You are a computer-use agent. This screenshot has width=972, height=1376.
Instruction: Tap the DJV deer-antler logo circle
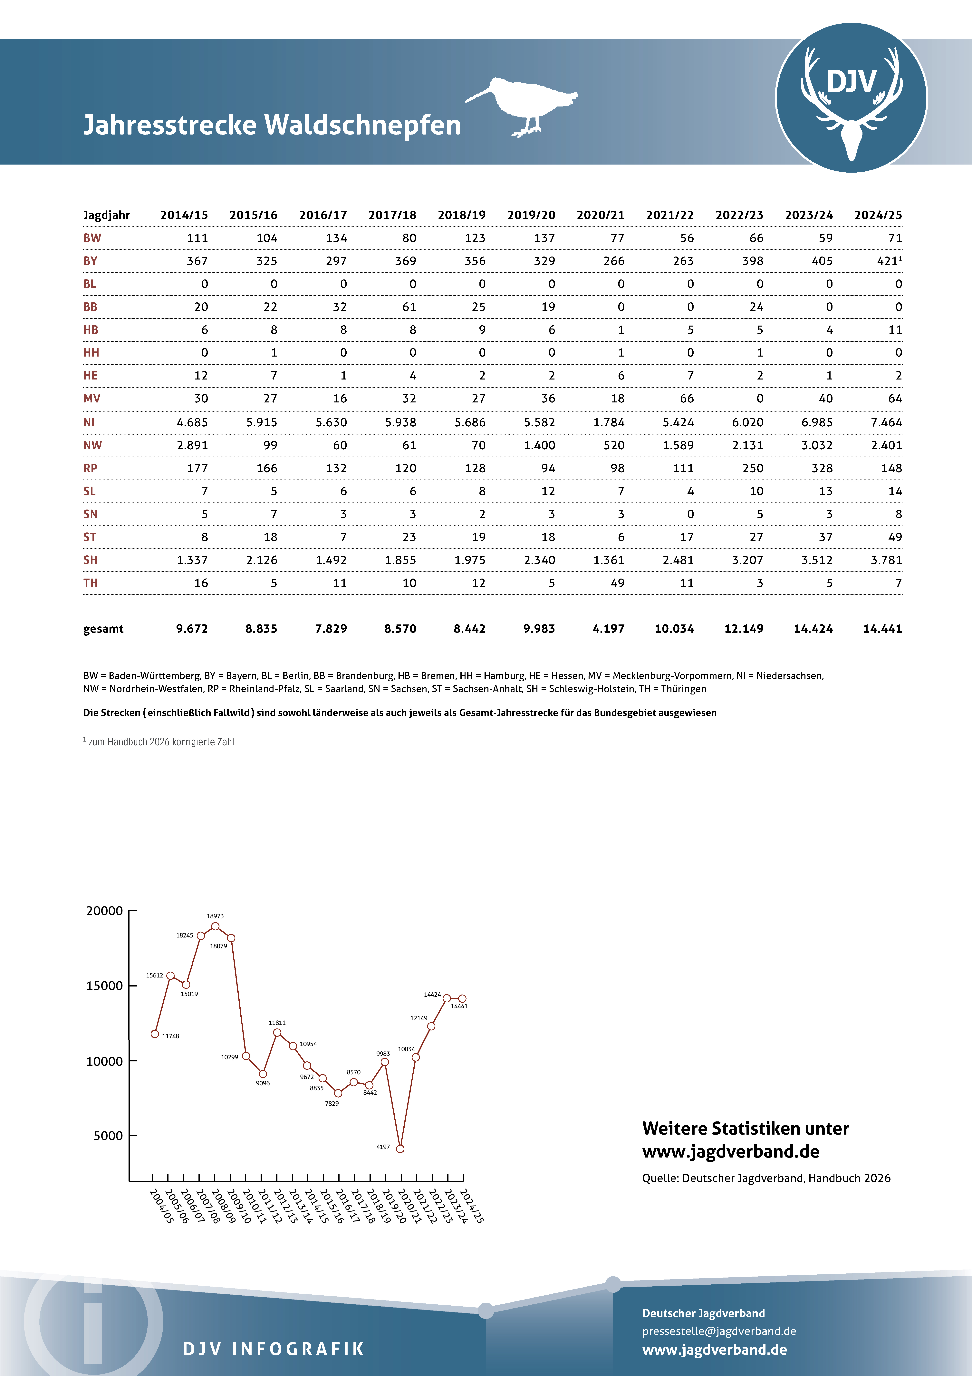(851, 98)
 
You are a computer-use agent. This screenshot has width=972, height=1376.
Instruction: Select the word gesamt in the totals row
(103, 629)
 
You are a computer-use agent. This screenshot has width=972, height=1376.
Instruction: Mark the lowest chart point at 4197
(400, 1149)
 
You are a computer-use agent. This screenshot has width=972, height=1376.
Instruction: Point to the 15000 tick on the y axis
(105, 986)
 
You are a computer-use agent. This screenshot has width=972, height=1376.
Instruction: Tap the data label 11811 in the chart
(277, 1022)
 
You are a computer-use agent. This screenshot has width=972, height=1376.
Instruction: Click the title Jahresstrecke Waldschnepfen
(273, 125)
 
